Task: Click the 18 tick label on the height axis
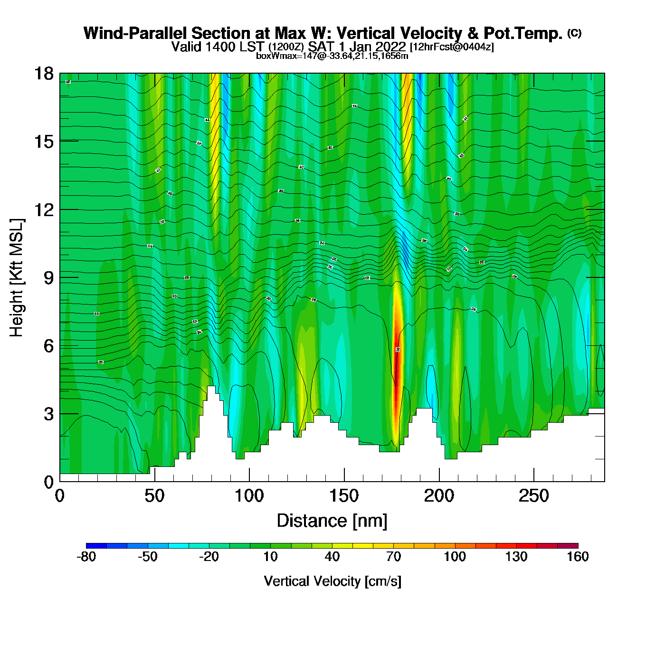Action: [43, 74]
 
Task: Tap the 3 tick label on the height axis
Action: [48, 414]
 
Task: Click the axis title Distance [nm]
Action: [332, 521]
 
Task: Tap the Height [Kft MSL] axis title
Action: [17, 278]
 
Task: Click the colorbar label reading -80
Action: [86, 557]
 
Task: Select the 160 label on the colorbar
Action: [578, 557]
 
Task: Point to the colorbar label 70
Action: [393, 557]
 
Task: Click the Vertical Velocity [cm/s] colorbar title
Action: [332, 581]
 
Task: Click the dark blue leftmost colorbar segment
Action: [96, 545]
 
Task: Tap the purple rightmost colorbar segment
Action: [568, 545]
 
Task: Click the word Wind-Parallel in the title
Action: [136, 33]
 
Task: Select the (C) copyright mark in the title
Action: [574, 33]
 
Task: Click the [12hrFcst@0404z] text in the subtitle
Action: [452, 47]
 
